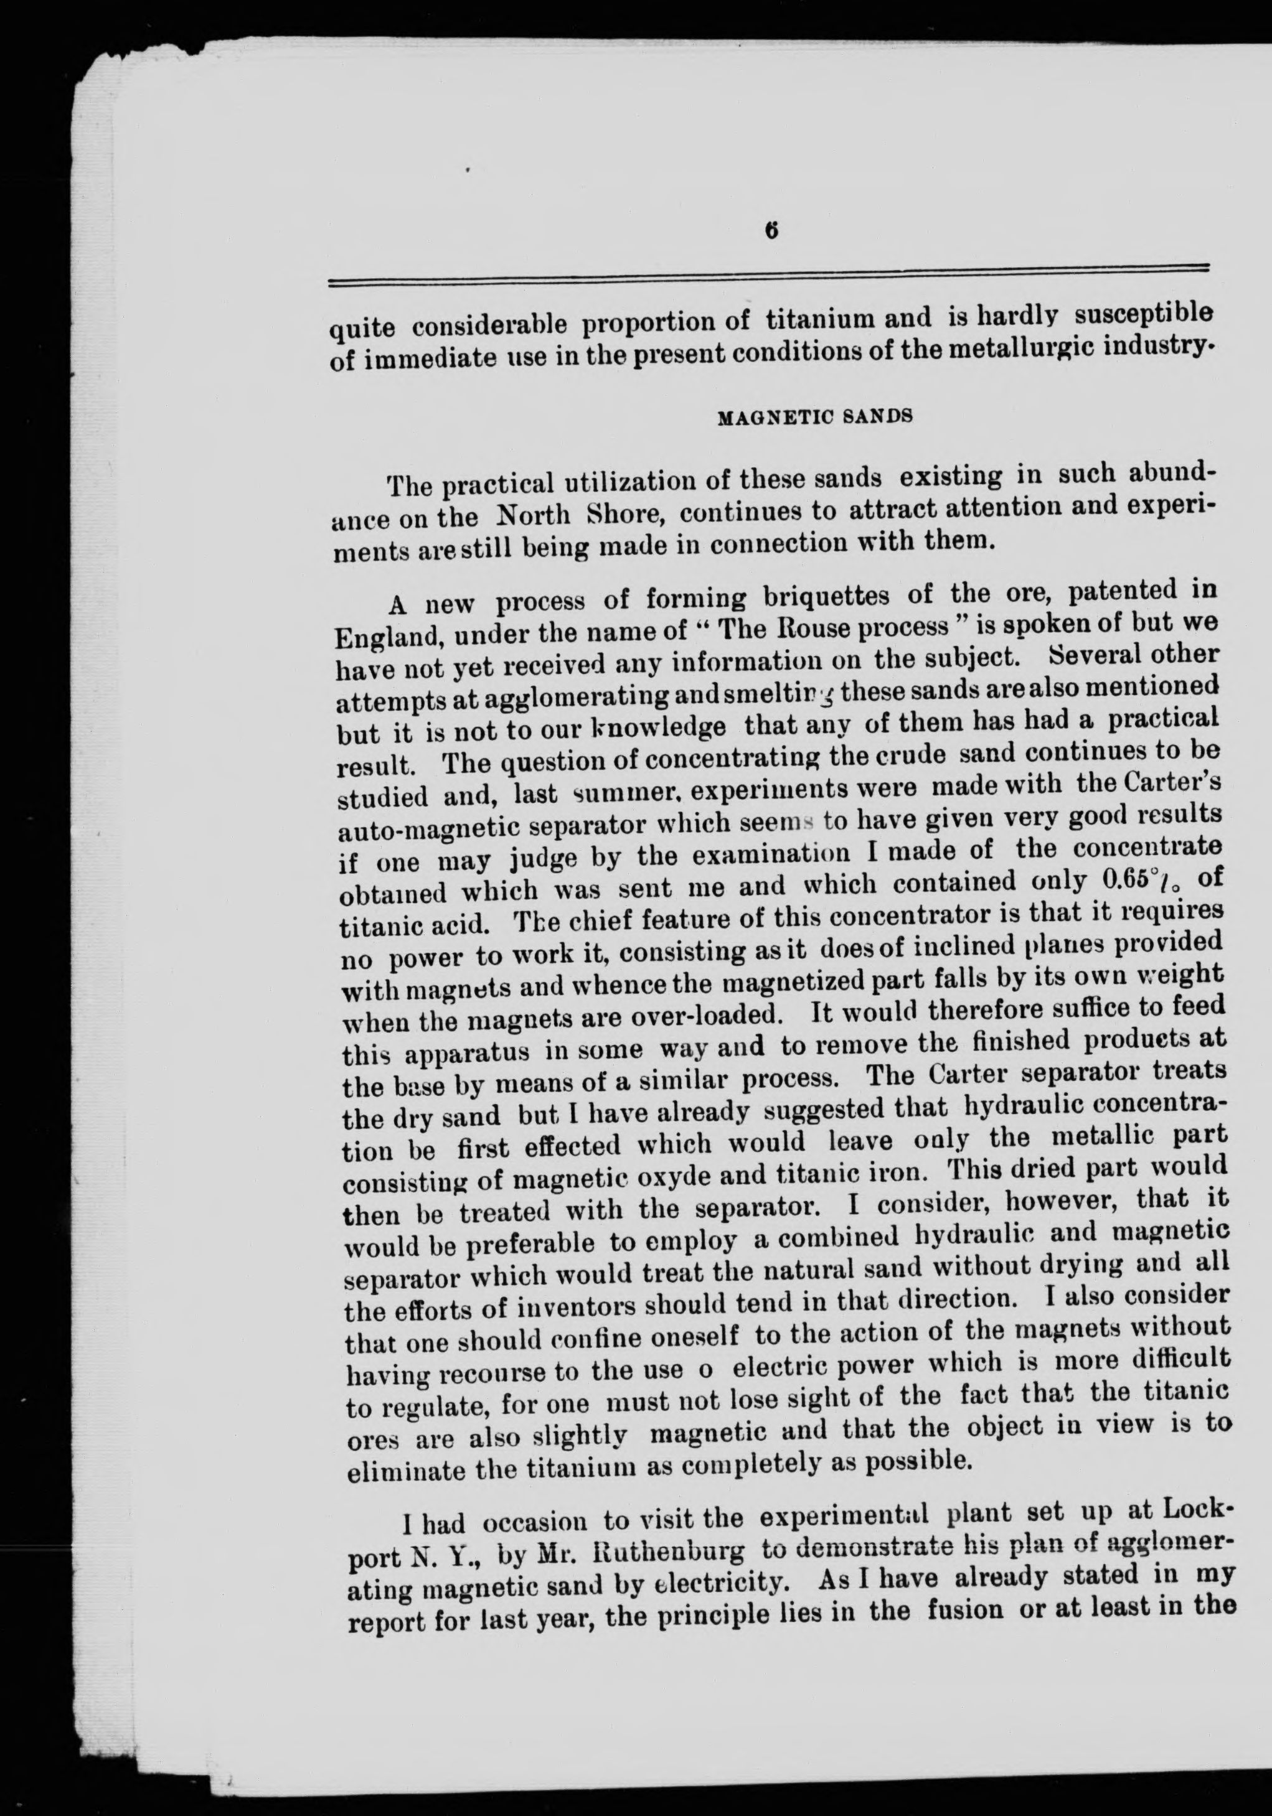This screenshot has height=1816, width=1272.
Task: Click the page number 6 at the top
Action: click(772, 230)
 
